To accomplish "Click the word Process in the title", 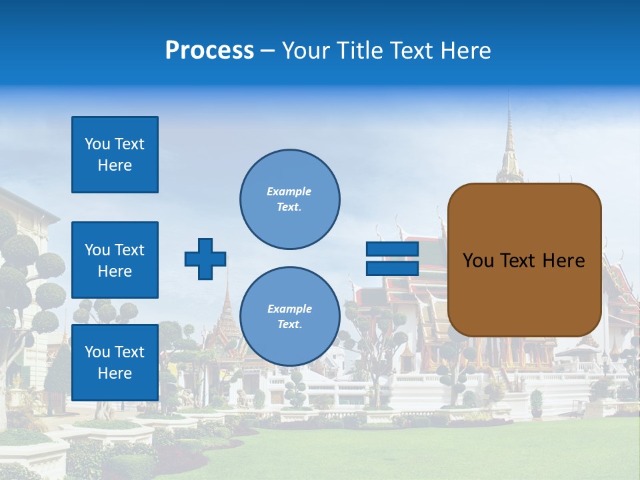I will [209, 51].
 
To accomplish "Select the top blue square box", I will [115, 155].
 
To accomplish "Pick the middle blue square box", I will [115, 260].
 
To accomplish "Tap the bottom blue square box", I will [115, 362].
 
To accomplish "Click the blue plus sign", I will [205, 259].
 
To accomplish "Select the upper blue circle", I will [289, 199].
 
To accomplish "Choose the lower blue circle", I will [289, 317].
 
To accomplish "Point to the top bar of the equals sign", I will [392, 249].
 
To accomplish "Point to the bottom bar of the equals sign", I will [392, 268].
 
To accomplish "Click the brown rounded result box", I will [524, 260].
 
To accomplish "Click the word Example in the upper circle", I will [289, 191].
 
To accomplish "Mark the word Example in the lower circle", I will [289, 309].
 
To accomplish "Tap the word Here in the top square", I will [115, 165].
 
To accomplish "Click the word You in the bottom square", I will [97, 352].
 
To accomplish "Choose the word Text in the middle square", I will [129, 250].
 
